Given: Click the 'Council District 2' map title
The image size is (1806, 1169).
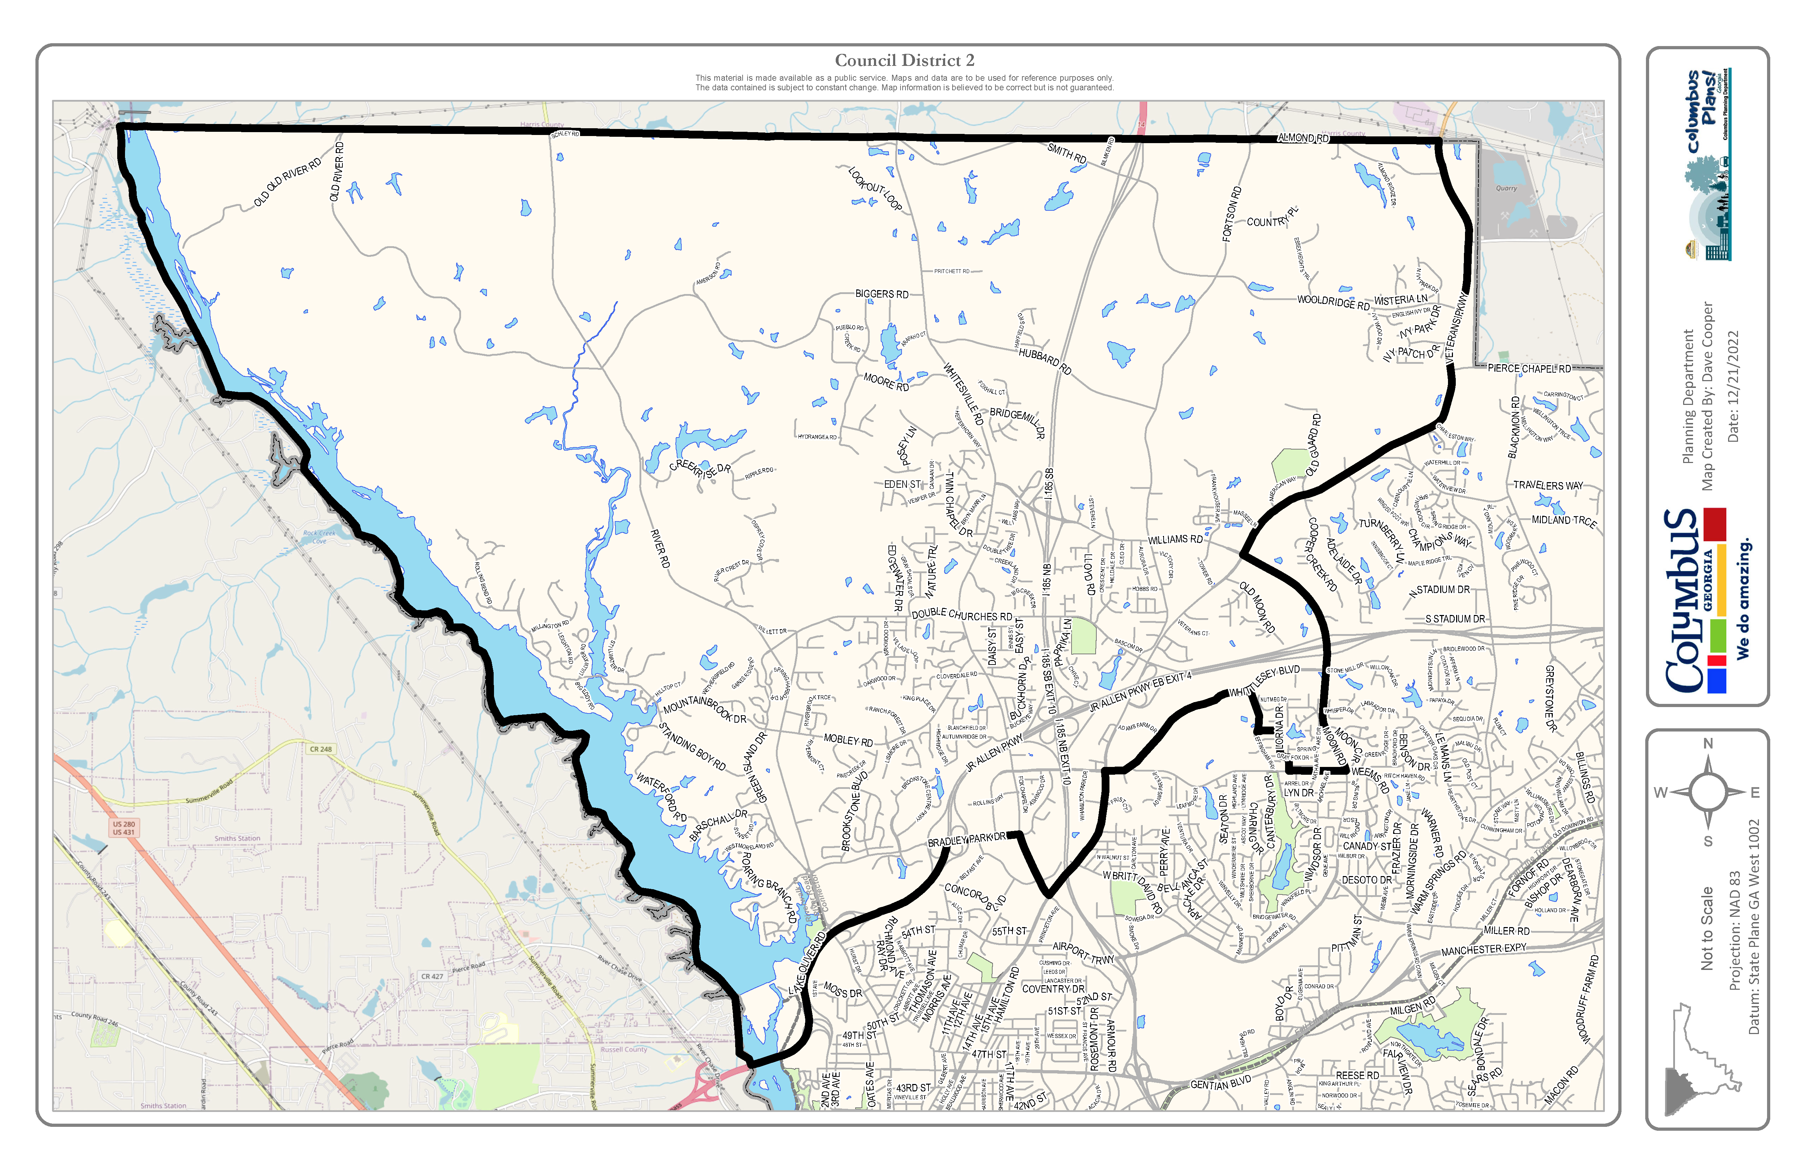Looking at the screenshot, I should (904, 61).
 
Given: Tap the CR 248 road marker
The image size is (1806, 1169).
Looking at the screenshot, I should (320, 749).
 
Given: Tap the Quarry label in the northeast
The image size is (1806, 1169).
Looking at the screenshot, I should (1506, 188).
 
